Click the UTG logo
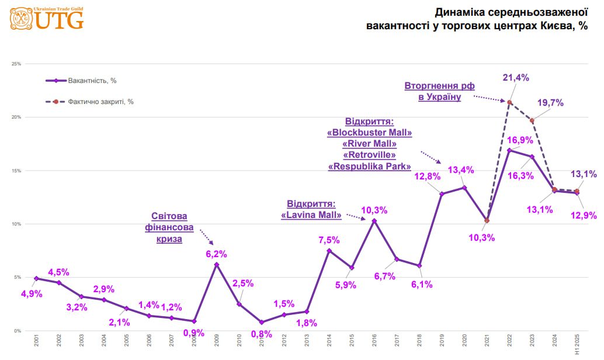[x=47, y=19]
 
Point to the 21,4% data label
[x=516, y=77]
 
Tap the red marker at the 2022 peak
[x=509, y=102]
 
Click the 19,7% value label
[x=550, y=103]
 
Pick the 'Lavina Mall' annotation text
[x=311, y=210]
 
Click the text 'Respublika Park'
[x=370, y=166]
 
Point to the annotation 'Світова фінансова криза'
[x=169, y=227]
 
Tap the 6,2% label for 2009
[x=216, y=254]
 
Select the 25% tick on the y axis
[x=16, y=64]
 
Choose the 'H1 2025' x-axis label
[x=577, y=345]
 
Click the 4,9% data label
[x=31, y=293]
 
